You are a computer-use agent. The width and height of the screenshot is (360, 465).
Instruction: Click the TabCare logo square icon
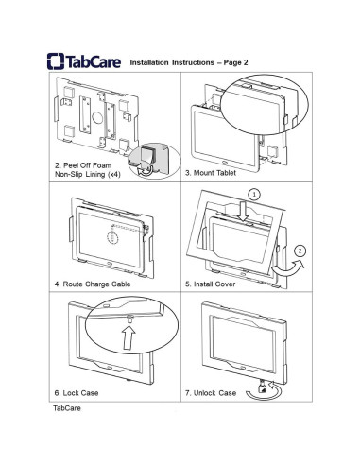tap(56, 60)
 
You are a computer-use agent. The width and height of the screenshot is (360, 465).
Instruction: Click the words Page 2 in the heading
tap(235, 62)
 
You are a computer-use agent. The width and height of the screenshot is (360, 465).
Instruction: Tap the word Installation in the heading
tap(149, 62)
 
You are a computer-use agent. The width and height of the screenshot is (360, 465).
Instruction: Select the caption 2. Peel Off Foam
tap(83, 165)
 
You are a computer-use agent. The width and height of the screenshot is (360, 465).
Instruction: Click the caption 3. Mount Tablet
tap(211, 173)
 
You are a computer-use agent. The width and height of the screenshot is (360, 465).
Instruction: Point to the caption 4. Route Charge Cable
tap(93, 284)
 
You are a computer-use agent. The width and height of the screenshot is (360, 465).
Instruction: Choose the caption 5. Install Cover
tap(211, 284)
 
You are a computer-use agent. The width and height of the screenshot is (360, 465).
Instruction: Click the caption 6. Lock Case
tap(77, 393)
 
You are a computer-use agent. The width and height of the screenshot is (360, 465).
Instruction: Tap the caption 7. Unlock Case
tap(211, 393)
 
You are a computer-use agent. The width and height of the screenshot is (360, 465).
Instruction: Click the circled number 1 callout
tap(254, 195)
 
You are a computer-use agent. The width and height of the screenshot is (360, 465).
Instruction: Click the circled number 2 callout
tap(300, 251)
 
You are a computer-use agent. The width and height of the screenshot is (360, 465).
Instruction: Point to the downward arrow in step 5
tap(243, 211)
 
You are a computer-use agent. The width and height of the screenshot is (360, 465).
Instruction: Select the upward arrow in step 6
tap(129, 337)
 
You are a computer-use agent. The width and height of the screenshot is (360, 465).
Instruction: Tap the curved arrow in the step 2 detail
tap(146, 171)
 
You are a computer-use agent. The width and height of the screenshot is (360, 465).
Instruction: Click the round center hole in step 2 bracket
tap(97, 117)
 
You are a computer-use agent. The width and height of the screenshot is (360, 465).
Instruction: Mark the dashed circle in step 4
tap(112, 237)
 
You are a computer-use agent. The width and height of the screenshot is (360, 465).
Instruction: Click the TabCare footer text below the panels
tap(67, 408)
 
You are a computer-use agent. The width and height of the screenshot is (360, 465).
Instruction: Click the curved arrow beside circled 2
tap(288, 267)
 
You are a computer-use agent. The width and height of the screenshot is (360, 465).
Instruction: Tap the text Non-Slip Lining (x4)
tap(88, 174)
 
